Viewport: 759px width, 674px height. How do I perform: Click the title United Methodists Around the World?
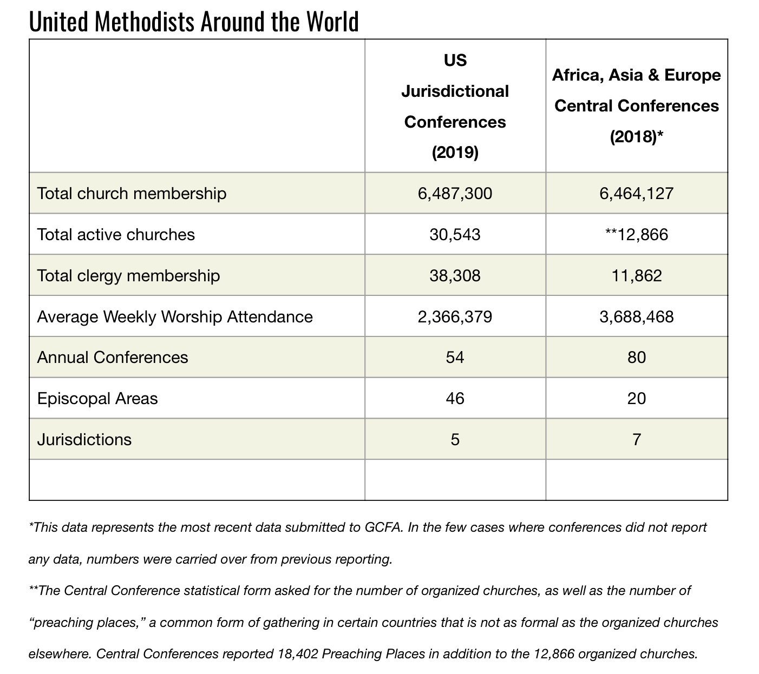click(194, 21)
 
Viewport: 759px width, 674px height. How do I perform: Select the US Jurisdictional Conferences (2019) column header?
click(455, 107)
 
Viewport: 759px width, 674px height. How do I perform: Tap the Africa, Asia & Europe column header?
click(636, 105)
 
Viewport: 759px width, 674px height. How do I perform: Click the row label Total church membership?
click(132, 194)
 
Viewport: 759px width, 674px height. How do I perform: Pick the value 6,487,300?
click(455, 194)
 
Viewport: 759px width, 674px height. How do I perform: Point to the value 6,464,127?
click(636, 194)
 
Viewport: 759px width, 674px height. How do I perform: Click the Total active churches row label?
click(116, 235)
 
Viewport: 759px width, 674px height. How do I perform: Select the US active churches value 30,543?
click(455, 235)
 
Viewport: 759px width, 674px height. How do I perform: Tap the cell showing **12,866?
click(636, 235)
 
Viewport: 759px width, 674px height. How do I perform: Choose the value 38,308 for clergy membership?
click(455, 276)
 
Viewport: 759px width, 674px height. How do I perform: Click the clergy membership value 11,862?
click(636, 276)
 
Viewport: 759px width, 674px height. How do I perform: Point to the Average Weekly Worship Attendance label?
click(174, 317)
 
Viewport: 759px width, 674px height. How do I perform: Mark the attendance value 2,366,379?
click(455, 317)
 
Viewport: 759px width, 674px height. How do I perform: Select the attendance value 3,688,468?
click(636, 317)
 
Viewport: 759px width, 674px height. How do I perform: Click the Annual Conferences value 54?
click(455, 357)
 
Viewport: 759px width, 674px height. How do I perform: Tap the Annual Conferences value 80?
click(636, 357)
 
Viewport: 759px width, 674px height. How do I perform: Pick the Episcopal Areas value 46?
click(455, 399)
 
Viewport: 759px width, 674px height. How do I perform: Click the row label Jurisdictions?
click(84, 440)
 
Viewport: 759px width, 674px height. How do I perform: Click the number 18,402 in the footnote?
click(298, 654)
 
